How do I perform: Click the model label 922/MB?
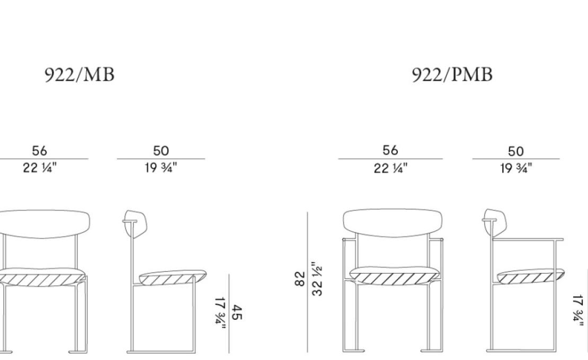click(x=79, y=75)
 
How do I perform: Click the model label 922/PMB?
click(x=452, y=75)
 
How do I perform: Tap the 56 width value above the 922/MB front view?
click(x=39, y=151)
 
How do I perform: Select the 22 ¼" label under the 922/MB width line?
click(x=40, y=168)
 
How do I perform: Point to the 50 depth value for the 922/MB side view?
click(x=161, y=151)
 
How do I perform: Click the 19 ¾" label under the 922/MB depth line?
click(x=161, y=168)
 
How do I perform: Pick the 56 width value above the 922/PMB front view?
click(x=390, y=150)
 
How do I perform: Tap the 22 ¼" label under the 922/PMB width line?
click(x=390, y=168)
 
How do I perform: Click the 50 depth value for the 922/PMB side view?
click(x=515, y=151)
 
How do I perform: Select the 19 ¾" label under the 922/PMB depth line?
click(x=516, y=168)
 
